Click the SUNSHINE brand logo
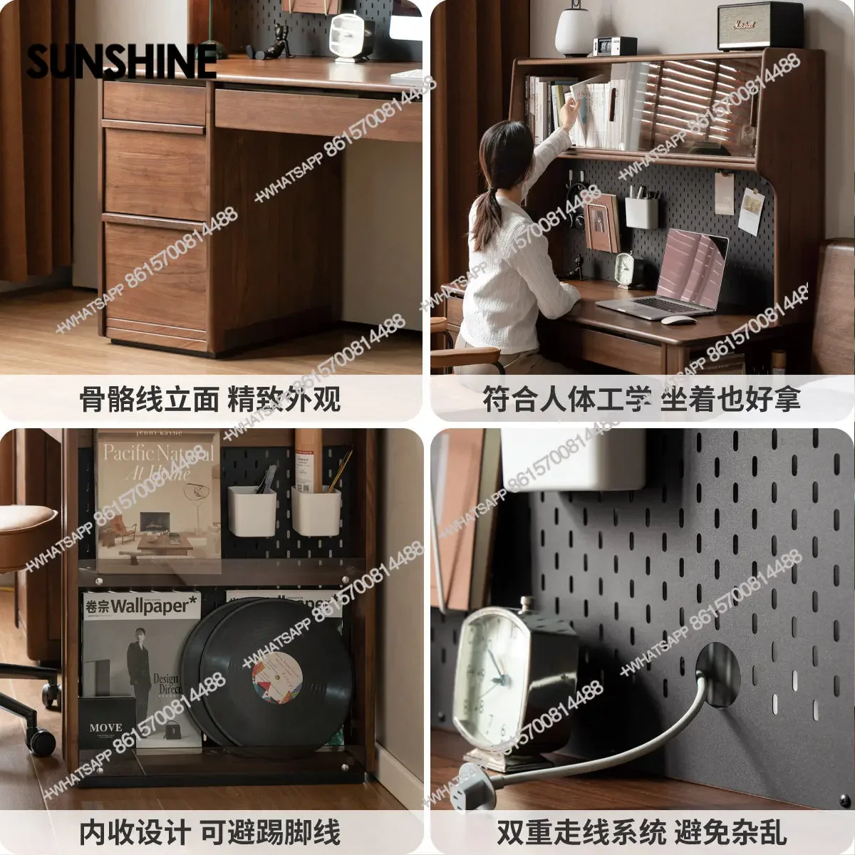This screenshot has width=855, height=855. point(121,60)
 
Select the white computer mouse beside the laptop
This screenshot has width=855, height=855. point(678,320)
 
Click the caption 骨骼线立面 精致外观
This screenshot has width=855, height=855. point(210,400)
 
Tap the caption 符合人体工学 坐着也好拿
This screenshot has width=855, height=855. point(641,400)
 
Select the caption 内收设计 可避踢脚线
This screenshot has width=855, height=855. point(210,831)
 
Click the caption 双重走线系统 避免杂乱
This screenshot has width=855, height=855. point(641,831)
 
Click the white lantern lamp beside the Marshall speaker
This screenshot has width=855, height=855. point(575,31)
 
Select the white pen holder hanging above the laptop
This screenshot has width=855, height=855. point(641,212)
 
